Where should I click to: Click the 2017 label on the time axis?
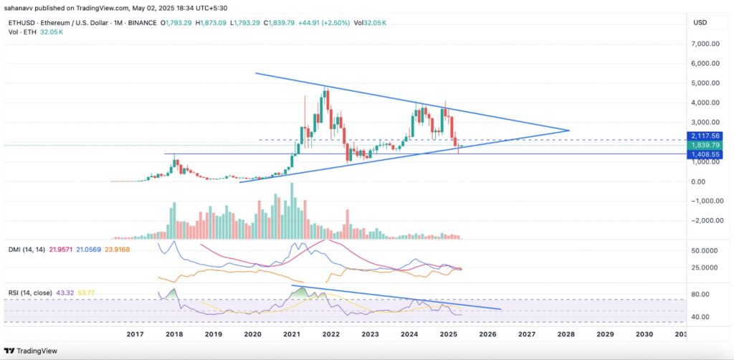click(135, 334)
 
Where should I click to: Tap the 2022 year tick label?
click(330, 334)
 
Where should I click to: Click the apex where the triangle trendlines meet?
click(569, 131)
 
